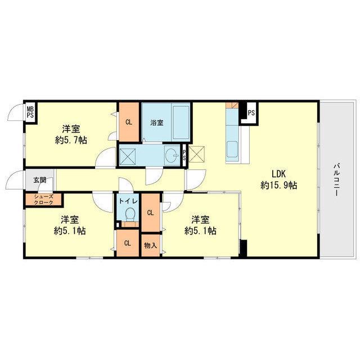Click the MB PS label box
(x=30, y=112)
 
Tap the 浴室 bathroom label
(x=157, y=123)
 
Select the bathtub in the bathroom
(x=181, y=123)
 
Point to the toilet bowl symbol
(x=130, y=214)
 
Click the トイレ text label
(x=128, y=201)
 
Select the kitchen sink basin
(x=232, y=149)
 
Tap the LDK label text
(x=278, y=174)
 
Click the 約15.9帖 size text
(x=278, y=185)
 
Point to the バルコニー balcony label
(x=336, y=179)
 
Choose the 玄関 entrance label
(x=40, y=180)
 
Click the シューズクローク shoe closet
(x=44, y=200)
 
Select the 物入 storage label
(x=150, y=245)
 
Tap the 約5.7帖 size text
(x=71, y=140)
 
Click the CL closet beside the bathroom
(x=129, y=122)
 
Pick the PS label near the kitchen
(x=251, y=113)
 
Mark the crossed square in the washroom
(x=128, y=156)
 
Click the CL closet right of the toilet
(x=150, y=213)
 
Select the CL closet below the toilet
(x=128, y=243)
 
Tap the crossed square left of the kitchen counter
(x=196, y=154)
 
